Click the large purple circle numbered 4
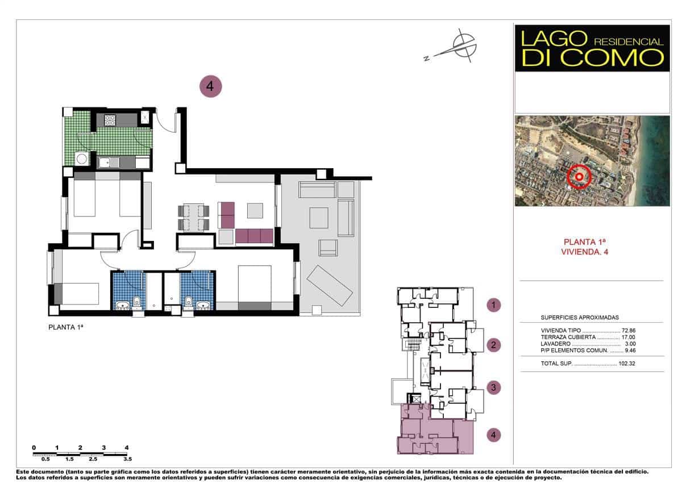[x=210, y=86]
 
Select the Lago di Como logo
[x=592, y=48]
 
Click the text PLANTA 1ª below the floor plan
[x=66, y=327]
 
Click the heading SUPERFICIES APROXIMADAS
[x=579, y=318]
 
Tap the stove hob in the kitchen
[x=110, y=120]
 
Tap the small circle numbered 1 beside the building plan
[x=494, y=305]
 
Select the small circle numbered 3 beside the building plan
[x=494, y=388]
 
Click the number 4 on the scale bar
[x=126, y=448]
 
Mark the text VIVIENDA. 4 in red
[x=589, y=252]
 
